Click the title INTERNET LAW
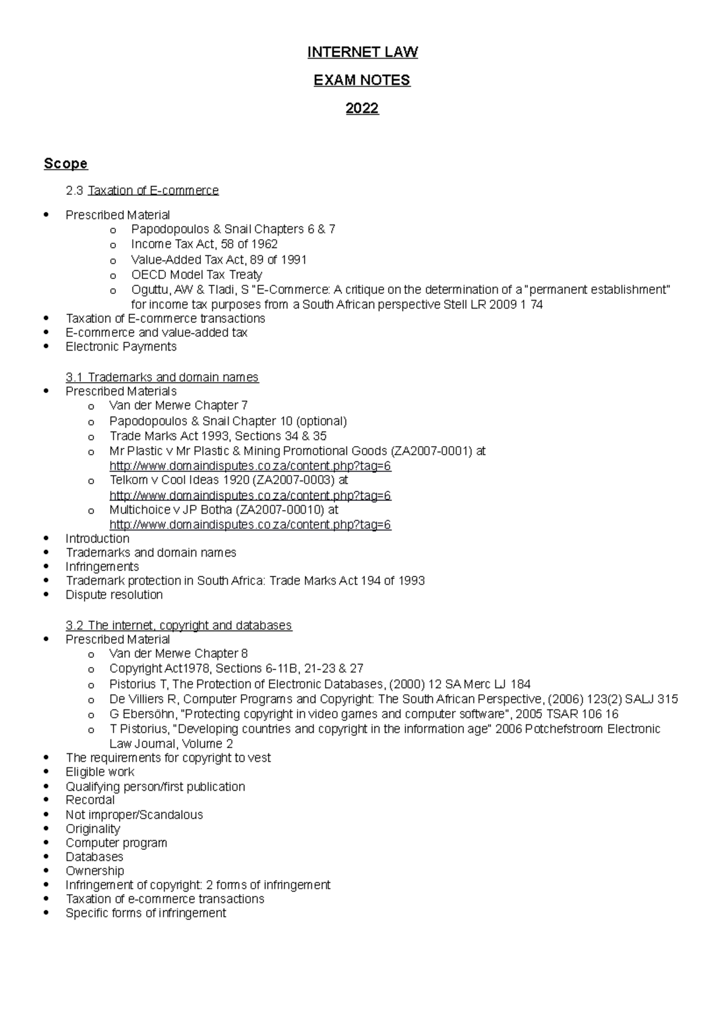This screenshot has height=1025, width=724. tap(362, 53)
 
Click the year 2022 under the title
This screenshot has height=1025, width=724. tap(362, 109)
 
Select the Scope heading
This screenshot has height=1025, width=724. tap(66, 164)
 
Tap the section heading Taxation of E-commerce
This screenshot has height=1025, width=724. tap(153, 191)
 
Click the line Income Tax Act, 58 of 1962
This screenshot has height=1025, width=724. tap(204, 244)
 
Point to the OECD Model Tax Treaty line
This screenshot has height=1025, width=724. tap(197, 275)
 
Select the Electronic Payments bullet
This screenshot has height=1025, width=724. tap(121, 346)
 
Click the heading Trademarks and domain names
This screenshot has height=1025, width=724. tap(173, 377)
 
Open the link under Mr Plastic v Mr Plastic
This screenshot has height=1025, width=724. tap(250, 466)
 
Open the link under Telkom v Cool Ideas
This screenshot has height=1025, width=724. tap(250, 496)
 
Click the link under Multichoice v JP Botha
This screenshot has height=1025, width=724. tap(250, 525)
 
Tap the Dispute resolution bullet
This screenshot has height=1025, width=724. tap(114, 595)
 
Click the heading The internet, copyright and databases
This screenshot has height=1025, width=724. tap(189, 625)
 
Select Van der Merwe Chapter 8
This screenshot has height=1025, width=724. tap(179, 654)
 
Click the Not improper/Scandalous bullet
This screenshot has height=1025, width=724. tap(134, 815)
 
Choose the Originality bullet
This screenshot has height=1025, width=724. tap(92, 829)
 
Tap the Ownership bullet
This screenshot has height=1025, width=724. tap(95, 870)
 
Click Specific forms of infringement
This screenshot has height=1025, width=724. tap(145, 913)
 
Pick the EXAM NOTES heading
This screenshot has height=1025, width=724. tap(362, 80)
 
